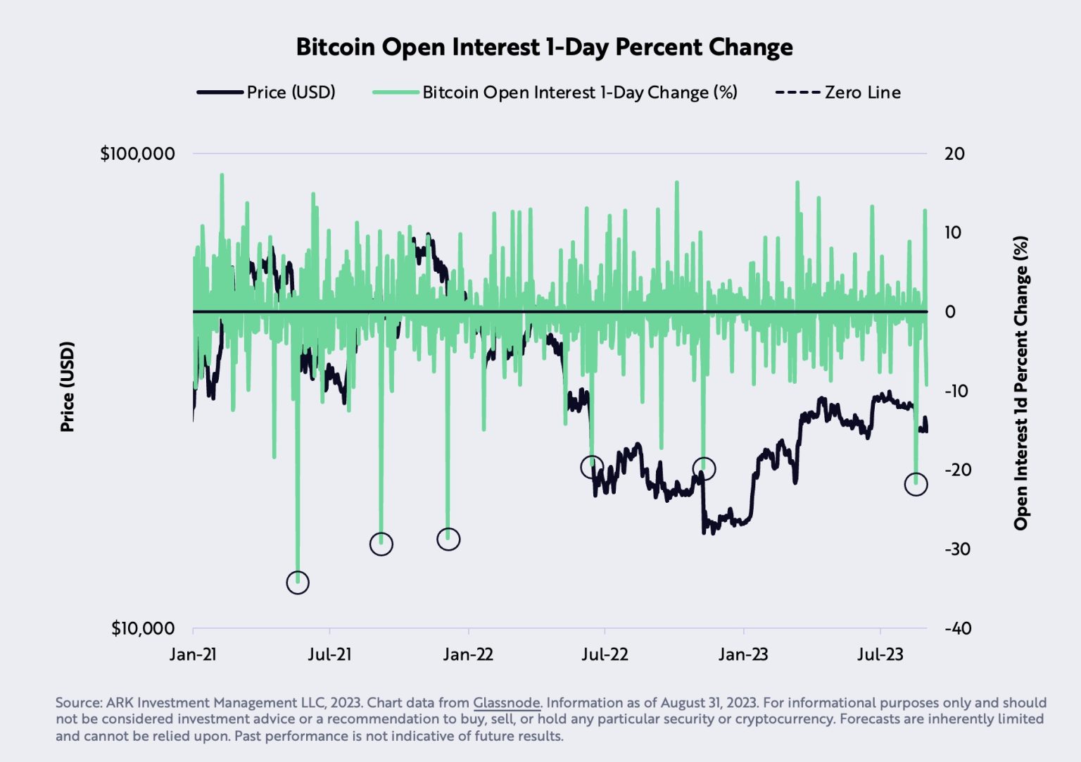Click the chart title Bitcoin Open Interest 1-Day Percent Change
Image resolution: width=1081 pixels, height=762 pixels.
[x=544, y=47]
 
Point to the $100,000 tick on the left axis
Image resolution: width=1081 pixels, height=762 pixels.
[x=137, y=154]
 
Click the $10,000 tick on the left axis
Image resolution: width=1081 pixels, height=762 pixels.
[x=142, y=628]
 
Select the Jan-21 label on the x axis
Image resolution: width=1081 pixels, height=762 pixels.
[x=193, y=654]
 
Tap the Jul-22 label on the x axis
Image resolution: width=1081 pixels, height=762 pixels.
[x=605, y=654]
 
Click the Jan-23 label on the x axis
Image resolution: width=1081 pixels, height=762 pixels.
[x=743, y=654]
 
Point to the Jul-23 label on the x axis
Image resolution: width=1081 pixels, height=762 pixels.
[x=880, y=654]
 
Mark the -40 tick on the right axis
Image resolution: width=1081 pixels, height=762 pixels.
[x=957, y=628]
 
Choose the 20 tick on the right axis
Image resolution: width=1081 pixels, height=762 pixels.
[x=954, y=154]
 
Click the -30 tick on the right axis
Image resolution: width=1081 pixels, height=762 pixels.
[x=957, y=549]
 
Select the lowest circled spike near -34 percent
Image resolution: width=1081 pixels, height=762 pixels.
[x=298, y=582]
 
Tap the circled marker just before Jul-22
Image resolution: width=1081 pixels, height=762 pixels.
[x=592, y=466]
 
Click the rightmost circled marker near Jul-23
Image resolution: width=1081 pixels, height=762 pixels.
[x=916, y=485]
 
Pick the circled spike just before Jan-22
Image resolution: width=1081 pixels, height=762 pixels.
[x=448, y=539]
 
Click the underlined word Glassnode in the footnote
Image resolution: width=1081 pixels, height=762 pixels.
[x=506, y=703]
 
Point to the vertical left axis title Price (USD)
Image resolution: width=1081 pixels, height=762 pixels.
[x=67, y=387]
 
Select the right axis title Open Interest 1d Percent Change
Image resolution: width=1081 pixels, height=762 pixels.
[x=1020, y=383]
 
